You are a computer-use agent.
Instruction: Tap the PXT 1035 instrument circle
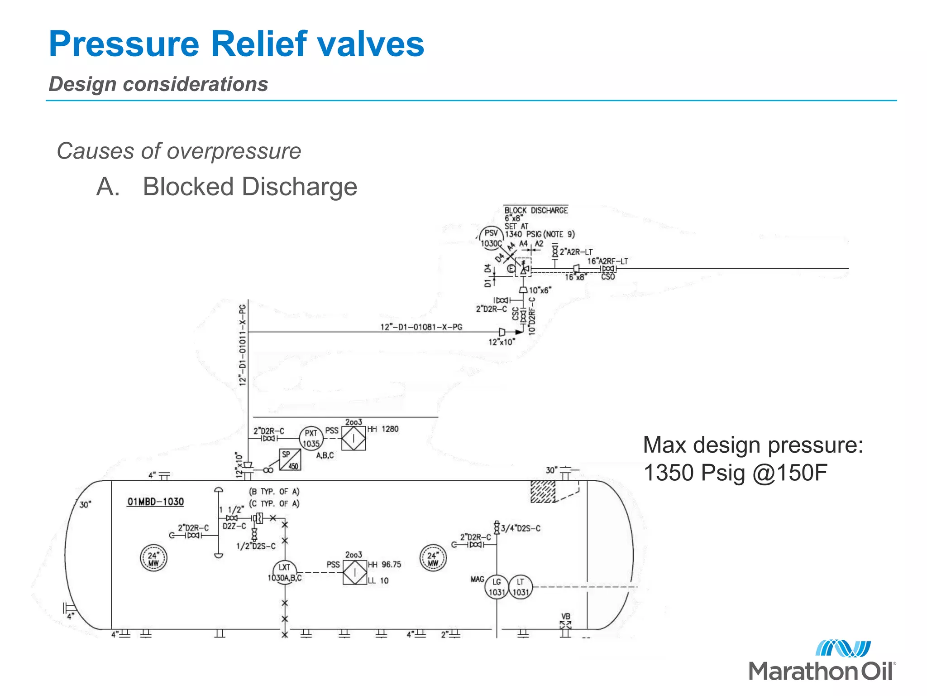tap(311, 438)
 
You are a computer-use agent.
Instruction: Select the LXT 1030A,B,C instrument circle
tap(285, 572)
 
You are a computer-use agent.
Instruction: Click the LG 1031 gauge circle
tap(497, 587)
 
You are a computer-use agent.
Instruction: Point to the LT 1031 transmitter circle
tap(521, 587)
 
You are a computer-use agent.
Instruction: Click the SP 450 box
tap(290, 459)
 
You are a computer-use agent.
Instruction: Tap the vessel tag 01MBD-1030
tap(155, 502)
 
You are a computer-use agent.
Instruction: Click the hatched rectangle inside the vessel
tap(543, 492)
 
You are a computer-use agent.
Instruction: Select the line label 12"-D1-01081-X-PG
tap(421, 327)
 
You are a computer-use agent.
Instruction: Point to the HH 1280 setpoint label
tap(383, 429)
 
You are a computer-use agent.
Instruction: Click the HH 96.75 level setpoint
tap(385, 565)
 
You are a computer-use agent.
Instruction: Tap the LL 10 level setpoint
tap(378, 580)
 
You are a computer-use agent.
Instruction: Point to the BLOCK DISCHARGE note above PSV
tap(536, 210)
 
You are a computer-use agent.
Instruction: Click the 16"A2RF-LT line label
tap(607, 261)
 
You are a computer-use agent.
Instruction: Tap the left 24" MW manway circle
tap(153, 558)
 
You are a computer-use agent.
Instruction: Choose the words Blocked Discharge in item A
tap(250, 187)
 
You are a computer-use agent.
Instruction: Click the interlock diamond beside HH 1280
tap(354, 438)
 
